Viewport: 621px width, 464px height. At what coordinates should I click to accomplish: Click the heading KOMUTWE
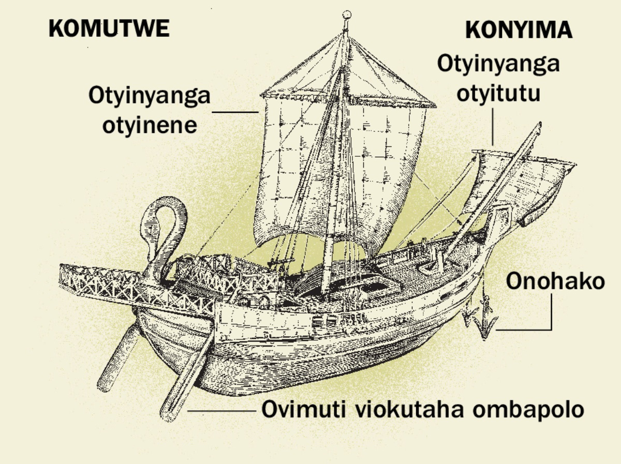tap(109, 28)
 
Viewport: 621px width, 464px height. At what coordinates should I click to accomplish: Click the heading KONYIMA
tap(519, 31)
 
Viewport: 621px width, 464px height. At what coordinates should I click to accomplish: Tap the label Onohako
tap(555, 282)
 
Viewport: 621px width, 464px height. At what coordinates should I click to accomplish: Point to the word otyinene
tap(150, 125)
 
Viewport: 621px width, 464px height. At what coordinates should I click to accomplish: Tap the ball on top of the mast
tap(348, 14)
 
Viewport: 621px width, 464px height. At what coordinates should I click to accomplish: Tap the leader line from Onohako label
tap(551, 316)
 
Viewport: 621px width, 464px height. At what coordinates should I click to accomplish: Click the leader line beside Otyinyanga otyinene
tap(235, 111)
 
